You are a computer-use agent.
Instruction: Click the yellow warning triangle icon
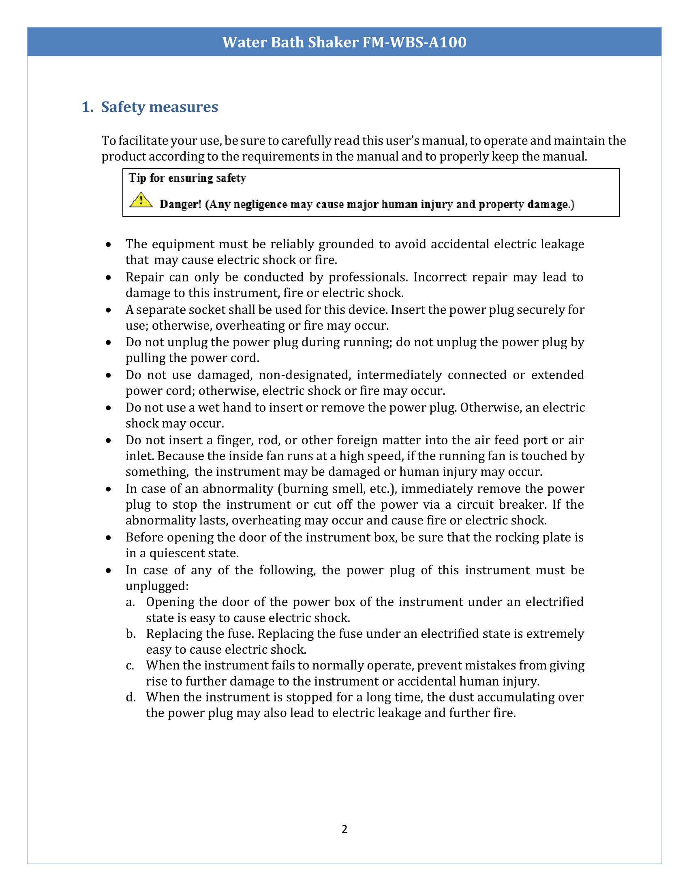coord(141,200)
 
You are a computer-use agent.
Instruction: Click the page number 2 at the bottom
coord(344,829)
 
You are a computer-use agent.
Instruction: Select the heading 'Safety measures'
coord(160,107)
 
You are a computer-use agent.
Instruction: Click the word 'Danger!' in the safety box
coord(180,204)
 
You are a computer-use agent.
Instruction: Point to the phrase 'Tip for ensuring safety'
coord(187,178)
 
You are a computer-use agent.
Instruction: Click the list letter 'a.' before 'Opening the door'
coord(130,602)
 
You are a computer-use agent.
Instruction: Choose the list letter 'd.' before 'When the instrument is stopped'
coord(131,697)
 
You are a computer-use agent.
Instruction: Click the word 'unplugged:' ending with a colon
coord(157,586)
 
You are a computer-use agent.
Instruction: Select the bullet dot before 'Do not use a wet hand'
coord(108,408)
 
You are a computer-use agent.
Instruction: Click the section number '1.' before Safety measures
coord(88,107)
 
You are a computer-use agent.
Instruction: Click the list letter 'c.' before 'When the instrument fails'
coord(130,665)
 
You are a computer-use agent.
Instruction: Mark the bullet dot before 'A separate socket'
coord(108,310)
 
